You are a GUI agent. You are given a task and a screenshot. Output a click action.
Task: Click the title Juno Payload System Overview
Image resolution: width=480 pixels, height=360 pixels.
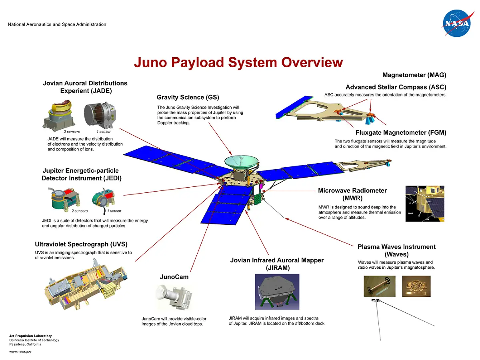tap(238, 63)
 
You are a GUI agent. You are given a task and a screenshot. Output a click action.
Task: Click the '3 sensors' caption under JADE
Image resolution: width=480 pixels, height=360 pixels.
tap(72, 132)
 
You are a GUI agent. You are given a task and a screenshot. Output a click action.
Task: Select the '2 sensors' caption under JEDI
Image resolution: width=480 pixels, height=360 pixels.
tap(80, 211)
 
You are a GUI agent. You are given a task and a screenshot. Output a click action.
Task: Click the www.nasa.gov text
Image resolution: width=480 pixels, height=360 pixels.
tap(20, 351)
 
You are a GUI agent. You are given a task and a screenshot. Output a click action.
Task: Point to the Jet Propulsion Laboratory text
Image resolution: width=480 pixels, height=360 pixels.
tap(30, 336)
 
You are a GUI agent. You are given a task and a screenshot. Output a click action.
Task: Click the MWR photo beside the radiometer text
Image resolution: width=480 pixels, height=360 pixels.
tap(425, 203)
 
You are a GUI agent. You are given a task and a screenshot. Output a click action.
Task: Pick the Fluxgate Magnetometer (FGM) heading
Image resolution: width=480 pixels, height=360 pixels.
tap(401, 133)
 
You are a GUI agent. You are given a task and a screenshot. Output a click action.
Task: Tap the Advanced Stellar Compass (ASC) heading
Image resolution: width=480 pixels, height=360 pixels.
tap(396, 87)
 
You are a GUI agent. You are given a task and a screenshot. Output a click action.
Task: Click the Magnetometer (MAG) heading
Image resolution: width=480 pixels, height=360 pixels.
tap(414, 75)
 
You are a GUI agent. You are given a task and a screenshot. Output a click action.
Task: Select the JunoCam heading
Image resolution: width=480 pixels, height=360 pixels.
tap(174, 277)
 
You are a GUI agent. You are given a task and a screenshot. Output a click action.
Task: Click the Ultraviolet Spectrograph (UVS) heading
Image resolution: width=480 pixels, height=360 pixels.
tap(81, 244)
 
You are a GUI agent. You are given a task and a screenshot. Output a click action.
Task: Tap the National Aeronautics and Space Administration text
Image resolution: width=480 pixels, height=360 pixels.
tap(57, 24)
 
